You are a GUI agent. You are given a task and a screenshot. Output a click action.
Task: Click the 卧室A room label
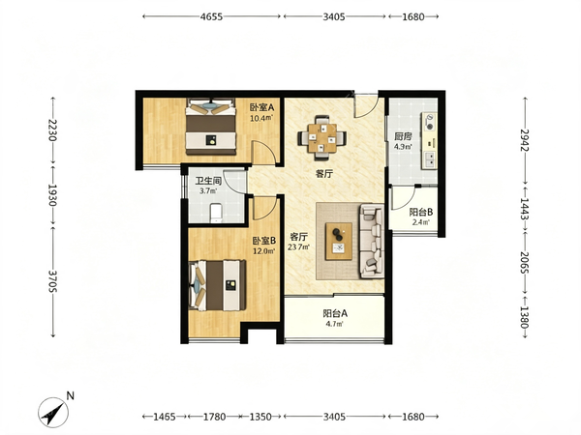(x=261, y=107)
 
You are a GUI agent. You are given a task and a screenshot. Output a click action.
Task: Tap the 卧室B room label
(x=264, y=241)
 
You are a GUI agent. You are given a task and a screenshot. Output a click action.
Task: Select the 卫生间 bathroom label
(x=208, y=181)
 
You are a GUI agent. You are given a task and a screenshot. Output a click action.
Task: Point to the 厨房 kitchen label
(x=403, y=136)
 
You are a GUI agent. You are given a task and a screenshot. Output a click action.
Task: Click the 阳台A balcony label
(x=335, y=313)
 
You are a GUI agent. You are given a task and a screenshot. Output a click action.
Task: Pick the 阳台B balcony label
(x=421, y=213)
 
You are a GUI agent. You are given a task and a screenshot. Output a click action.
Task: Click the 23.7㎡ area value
(x=298, y=247)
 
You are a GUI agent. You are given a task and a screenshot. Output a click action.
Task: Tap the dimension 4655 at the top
(x=211, y=16)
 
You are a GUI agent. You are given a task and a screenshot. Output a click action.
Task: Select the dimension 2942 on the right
(x=525, y=140)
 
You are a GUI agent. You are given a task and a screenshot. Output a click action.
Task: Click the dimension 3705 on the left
(x=52, y=281)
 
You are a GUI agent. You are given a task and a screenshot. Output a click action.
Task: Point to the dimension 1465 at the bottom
(x=165, y=417)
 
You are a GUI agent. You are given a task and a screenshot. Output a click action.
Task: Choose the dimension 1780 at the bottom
(x=215, y=417)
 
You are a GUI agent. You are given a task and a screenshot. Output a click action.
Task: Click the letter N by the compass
(x=70, y=395)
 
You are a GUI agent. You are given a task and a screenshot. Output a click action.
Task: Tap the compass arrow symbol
(x=53, y=413)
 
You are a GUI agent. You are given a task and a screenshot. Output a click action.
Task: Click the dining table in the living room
(x=322, y=138)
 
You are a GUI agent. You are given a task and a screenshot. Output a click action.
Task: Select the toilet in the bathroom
(x=216, y=213)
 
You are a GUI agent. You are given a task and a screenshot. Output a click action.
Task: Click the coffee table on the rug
(x=339, y=241)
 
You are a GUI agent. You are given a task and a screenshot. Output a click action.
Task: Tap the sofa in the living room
(x=371, y=241)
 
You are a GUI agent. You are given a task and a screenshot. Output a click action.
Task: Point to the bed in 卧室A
(x=211, y=127)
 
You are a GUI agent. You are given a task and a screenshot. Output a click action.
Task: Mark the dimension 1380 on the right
(x=525, y=317)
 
